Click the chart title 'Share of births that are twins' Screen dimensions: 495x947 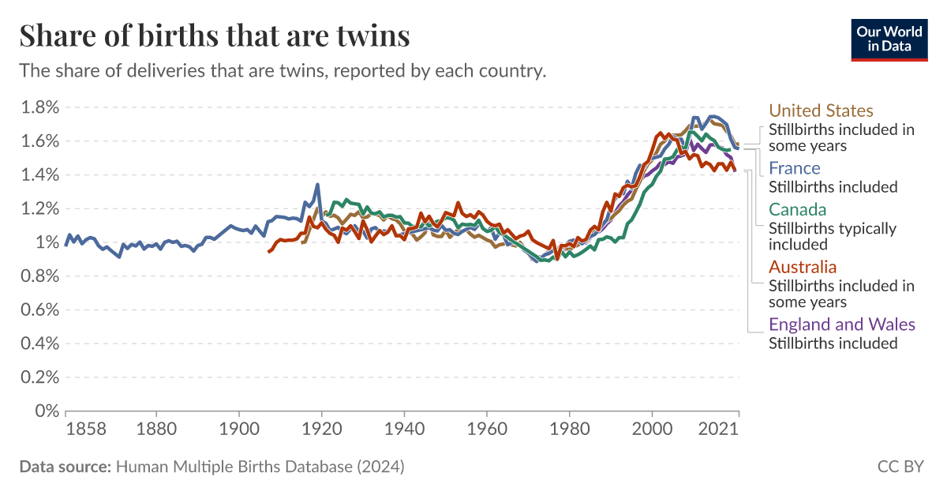click(x=215, y=36)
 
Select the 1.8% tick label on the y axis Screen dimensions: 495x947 click(x=39, y=107)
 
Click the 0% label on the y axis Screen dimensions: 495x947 click(x=47, y=411)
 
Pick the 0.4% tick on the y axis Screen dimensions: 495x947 click(x=39, y=343)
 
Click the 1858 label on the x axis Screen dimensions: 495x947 click(x=85, y=429)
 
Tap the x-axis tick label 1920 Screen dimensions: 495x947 click(x=321, y=429)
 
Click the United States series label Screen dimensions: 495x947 click(x=821, y=111)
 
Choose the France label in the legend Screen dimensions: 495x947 click(x=794, y=168)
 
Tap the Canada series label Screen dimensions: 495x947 click(x=797, y=210)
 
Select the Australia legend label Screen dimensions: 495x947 click(x=802, y=267)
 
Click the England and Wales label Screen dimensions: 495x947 click(x=841, y=324)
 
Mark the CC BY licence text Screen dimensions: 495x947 click(x=900, y=467)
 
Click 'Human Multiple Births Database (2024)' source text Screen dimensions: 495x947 click(x=260, y=467)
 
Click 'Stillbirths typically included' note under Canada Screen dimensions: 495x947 click(x=832, y=235)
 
